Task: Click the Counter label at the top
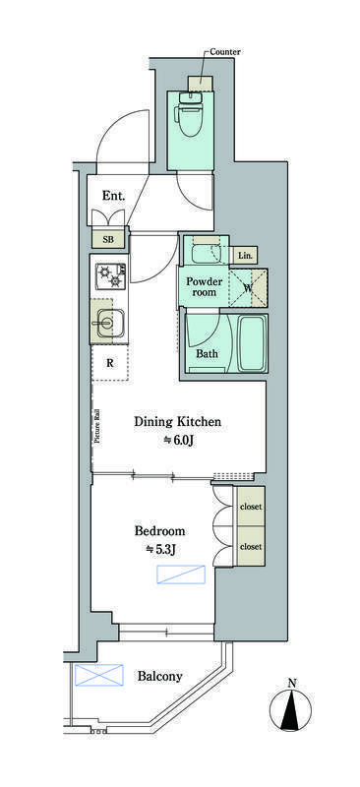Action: click(x=225, y=52)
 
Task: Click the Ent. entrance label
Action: click(x=113, y=196)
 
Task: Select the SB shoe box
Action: click(x=108, y=239)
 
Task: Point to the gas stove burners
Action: click(x=111, y=276)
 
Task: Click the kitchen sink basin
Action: click(x=108, y=322)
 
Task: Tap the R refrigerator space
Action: click(x=110, y=363)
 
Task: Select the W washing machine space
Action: click(x=249, y=287)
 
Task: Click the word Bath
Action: click(x=207, y=353)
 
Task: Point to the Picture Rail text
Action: click(x=98, y=426)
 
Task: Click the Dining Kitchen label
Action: click(x=178, y=422)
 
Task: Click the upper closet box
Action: click(x=251, y=507)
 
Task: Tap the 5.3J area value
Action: click(x=160, y=550)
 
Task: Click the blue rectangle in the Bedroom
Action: click(x=181, y=575)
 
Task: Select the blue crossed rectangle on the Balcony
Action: click(x=99, y=675)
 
